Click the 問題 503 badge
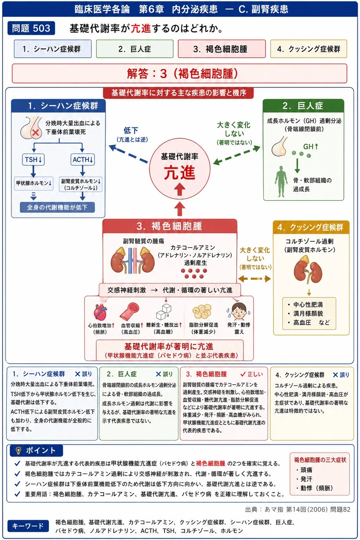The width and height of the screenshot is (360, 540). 31,28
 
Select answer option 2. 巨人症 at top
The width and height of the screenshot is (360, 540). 135,49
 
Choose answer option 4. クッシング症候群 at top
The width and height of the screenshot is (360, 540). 309,49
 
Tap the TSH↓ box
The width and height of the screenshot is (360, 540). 33,159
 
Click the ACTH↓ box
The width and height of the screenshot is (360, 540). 82,159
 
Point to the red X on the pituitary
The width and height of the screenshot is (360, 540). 35,132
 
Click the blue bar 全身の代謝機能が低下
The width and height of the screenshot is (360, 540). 57,207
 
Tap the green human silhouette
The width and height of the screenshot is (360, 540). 281,181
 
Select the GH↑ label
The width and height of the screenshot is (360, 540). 311,146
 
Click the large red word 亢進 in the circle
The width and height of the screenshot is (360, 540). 179,173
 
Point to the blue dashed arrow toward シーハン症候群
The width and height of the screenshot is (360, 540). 129,154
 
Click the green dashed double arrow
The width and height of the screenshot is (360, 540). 237,155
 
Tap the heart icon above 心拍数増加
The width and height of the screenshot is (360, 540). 100,312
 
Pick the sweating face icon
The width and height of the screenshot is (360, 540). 239,311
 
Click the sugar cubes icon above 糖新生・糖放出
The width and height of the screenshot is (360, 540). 164,311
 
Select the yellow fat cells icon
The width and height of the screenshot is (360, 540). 202,311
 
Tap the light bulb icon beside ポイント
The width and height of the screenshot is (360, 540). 18,450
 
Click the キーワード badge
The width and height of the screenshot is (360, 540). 28,526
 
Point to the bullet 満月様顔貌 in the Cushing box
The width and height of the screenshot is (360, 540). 305,313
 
